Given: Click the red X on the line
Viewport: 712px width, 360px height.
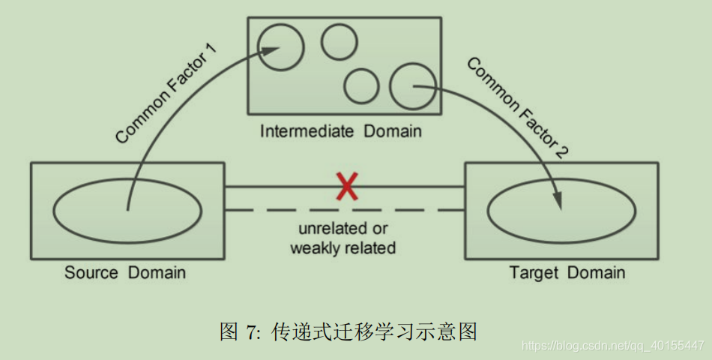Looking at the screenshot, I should point(346,186).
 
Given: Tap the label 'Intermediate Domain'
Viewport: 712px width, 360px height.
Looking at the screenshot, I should point(341,131).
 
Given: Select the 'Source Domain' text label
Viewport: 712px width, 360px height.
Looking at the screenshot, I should point(125,271).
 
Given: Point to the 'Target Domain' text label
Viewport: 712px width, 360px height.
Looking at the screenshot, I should point(567,271).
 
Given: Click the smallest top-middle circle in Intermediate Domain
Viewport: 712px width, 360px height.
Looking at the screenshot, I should point(340,42).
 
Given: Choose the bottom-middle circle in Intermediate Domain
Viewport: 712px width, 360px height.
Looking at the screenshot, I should point(362,85).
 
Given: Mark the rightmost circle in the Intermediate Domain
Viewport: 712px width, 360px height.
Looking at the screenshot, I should point(412,85).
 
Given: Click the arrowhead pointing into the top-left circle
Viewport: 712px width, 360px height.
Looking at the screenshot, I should point(272,50).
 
